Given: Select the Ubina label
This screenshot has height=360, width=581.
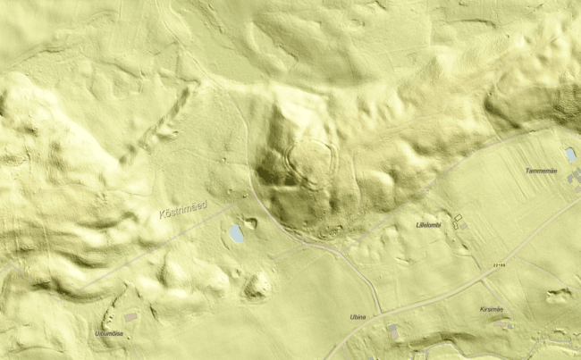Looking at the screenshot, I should tap(359, 318).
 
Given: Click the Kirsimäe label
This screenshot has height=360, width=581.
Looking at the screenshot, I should tap(492, 310).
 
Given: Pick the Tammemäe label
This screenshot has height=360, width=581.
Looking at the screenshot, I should tap(542, 170).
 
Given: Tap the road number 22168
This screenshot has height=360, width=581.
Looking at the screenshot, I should tap(500, 264).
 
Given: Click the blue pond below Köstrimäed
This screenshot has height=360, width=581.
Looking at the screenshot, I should tap(237, 234).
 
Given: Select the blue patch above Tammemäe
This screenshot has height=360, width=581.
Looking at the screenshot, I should tap(570, 155).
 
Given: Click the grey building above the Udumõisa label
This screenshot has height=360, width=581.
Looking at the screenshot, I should tap(131, 318).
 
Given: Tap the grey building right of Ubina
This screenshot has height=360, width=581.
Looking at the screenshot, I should tap(393, 331).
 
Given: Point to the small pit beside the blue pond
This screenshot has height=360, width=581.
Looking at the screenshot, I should tap(251, 223).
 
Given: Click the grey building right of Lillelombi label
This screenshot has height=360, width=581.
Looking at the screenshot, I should tap(459, 219).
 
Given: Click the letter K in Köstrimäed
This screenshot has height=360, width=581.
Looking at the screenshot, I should tap(160, 216).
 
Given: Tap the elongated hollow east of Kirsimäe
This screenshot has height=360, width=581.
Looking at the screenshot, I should tap(559, 294).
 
